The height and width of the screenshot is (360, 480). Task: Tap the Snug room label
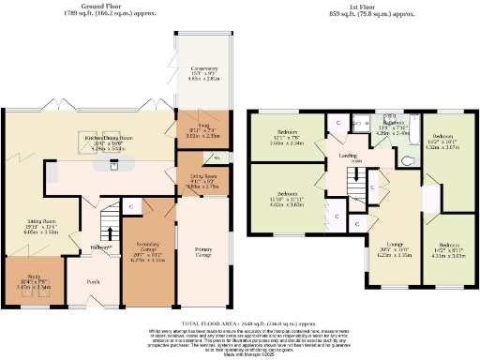[198, 131]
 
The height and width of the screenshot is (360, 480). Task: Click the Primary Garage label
[202, 251]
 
